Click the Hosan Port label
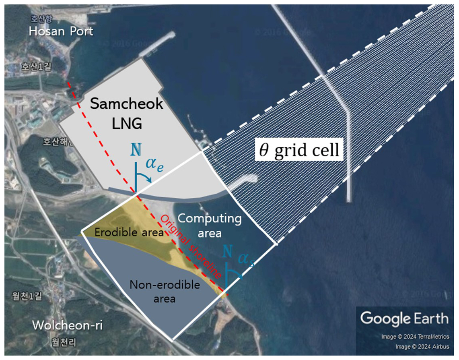[x=61, y=31]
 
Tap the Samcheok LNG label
[x=126, y=113]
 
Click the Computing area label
[x=210, y=226]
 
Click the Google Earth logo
[x=404, y=319]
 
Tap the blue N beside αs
[x=228, y=252]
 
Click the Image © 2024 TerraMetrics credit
[x=415, y=337]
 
